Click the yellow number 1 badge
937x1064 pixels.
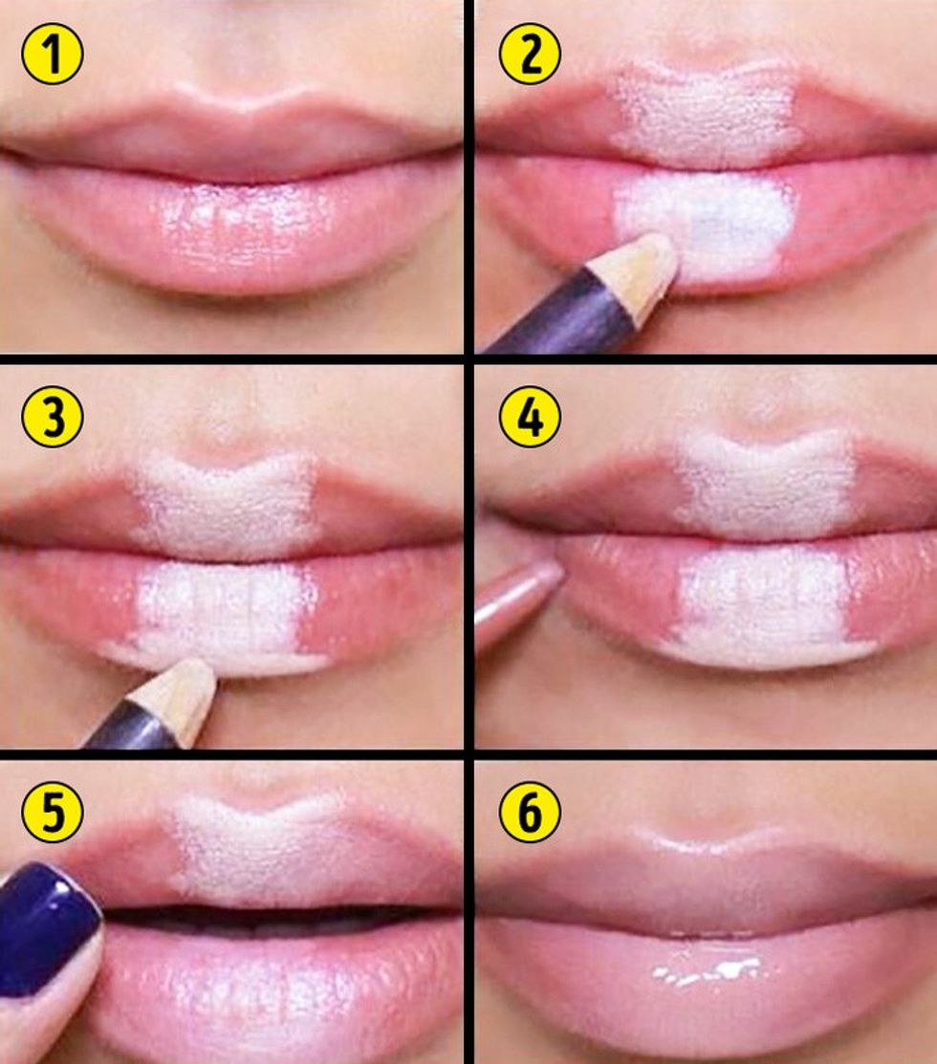coord(53,53)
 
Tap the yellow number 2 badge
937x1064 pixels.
coord(530,53)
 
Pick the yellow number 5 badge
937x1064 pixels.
coord(53,812)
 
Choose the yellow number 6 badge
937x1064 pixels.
coord(530,812)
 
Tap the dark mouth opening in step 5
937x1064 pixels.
coord(272,918)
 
